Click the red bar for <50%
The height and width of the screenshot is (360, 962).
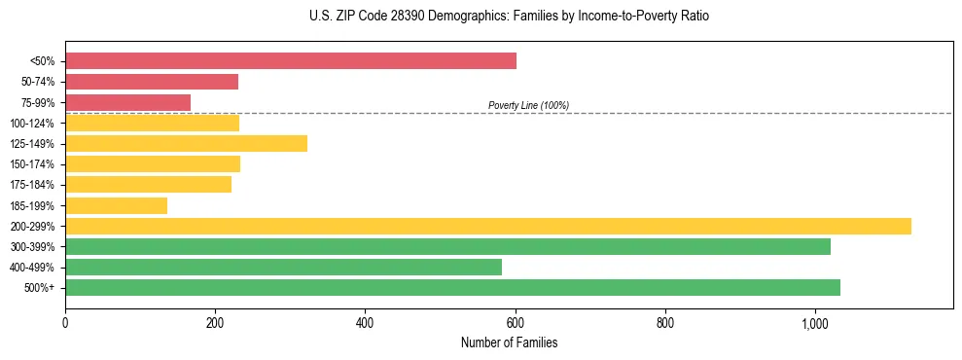[290, 61]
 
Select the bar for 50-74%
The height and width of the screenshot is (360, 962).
[152, 82]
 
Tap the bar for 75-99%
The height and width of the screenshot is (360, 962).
[127, 102]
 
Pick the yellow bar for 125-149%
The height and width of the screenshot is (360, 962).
[186, 144]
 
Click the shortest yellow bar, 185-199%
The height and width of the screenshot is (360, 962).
[116, 205]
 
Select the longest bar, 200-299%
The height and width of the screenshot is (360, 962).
[487, 226]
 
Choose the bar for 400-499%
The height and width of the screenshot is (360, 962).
[283, 267]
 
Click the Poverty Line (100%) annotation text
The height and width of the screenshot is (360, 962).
[528, 105]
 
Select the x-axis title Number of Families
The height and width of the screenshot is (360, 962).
[509, 342]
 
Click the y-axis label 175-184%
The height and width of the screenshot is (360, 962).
[32, 185]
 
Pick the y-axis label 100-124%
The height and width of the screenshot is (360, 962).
[32, 124]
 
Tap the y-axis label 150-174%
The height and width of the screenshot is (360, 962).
[32, 164]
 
